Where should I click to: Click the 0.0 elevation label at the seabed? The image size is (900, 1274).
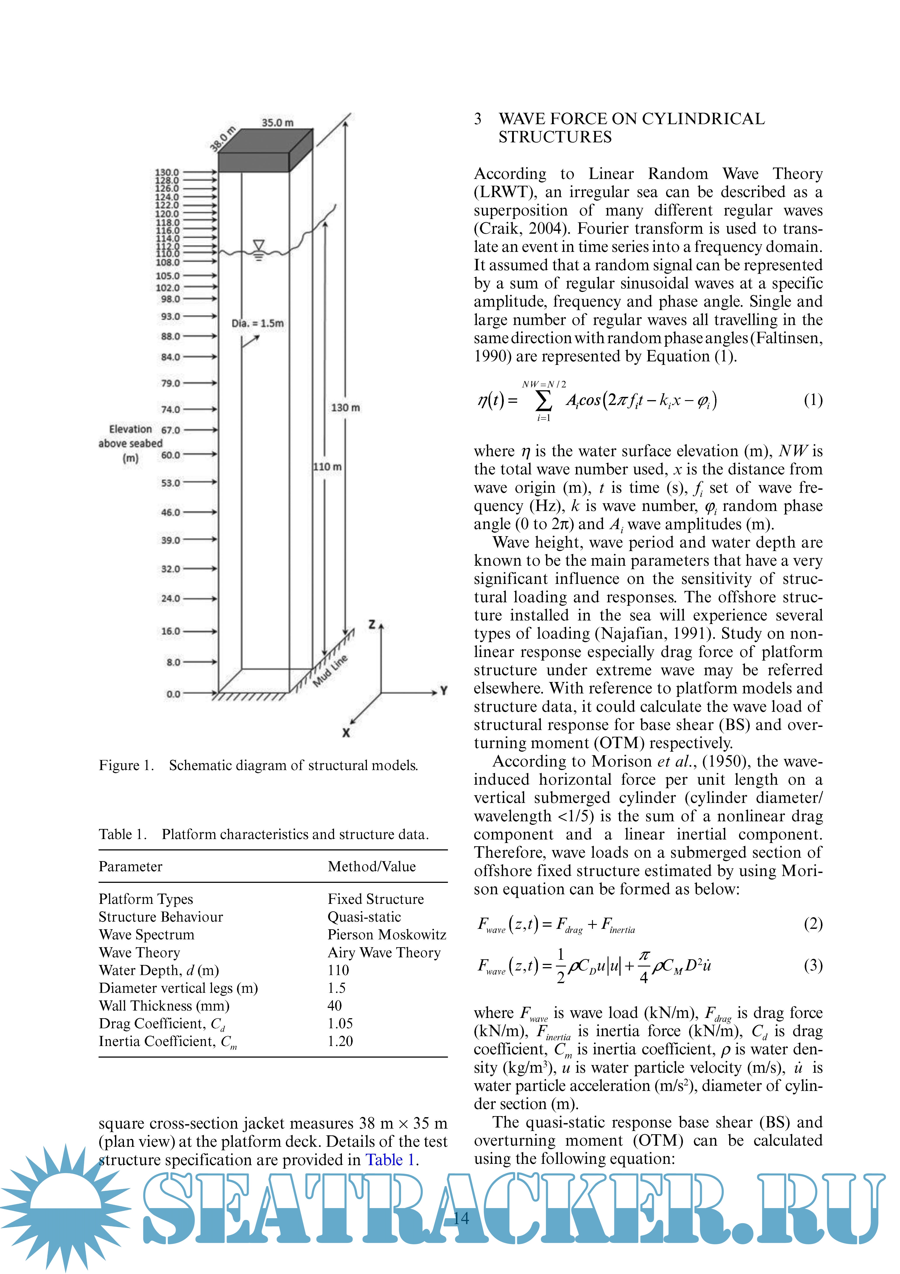coord(173,694)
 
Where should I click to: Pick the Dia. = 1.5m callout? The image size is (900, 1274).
coord(257,323)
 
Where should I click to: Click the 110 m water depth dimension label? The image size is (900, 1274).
coord(327,467)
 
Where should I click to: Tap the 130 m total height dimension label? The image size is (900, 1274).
coord(345,407)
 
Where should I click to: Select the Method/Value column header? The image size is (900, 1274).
coord(372,867)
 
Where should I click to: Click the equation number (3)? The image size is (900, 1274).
coord(813,965)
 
